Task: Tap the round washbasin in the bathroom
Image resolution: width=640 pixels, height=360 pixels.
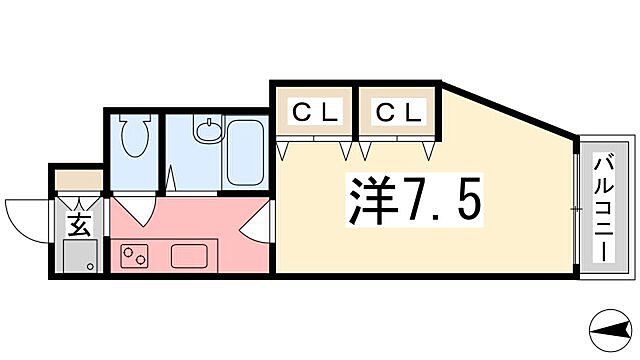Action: click(x=207, y=130)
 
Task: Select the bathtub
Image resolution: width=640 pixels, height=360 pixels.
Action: click(x=244, y=151)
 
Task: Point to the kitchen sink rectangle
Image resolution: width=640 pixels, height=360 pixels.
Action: click(x=190, y=256)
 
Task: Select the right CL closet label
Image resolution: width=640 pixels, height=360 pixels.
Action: click(x=397, y=113)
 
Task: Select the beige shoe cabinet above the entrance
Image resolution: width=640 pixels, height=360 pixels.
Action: click(x=79, y=181)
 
